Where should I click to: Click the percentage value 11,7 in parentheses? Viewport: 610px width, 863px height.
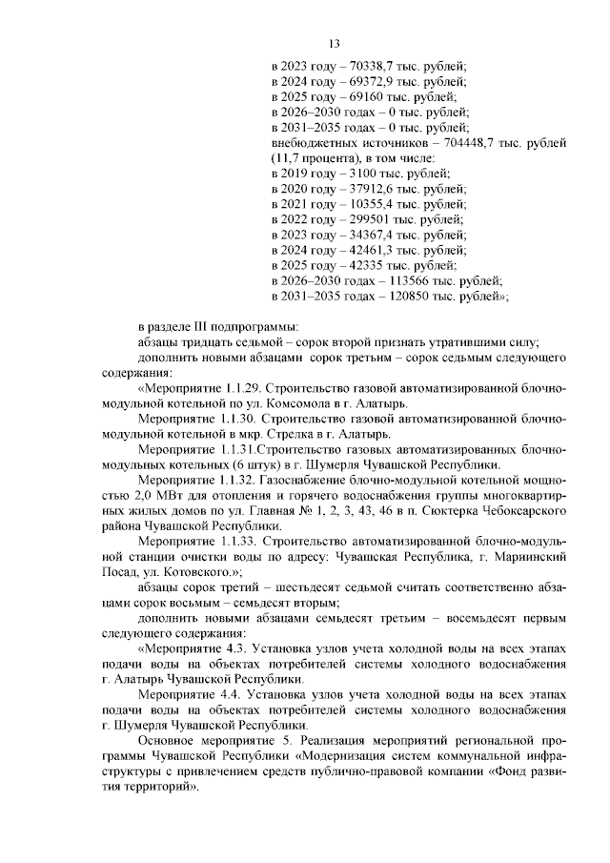tap(286, 157)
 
